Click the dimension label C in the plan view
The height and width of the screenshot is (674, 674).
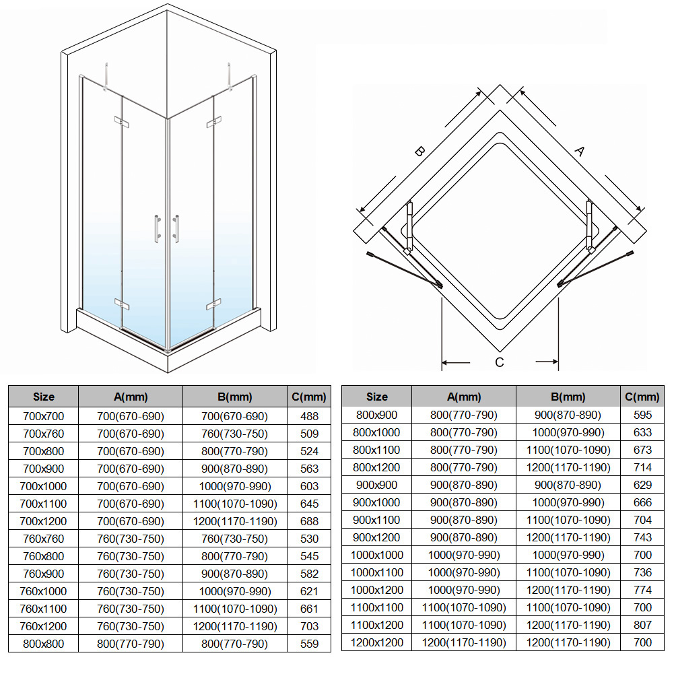coord(499,362)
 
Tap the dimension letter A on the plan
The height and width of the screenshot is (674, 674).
coord(580,151)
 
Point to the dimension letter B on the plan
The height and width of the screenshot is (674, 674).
coord(420,151)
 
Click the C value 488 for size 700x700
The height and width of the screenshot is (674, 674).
coord(309,416)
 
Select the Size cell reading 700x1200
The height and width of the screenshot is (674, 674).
coord(43,521)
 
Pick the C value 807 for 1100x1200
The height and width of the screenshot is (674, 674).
coord(642,625)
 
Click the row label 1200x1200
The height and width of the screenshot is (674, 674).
coord(376,642)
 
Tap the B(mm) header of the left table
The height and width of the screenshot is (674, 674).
coord(235,397)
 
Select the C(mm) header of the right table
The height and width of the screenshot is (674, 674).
coord(642,397)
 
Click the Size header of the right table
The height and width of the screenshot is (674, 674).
coord(376,397)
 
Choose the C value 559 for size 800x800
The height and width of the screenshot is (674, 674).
coord(309,644)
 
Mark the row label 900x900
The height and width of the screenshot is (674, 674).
coord(376,485)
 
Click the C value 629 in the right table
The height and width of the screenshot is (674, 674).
coord(642,485)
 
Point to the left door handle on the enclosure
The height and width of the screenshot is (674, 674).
coord(158,229)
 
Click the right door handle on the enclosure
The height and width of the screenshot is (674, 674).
coord(176,229)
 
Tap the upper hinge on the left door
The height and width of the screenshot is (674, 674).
coord(122,122)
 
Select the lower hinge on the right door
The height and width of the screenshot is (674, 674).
coord(213,304)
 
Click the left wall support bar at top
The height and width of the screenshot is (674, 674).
coord(106,77)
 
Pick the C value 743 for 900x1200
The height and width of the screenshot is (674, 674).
coord(642,537)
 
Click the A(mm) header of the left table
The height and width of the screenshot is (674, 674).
coord(131,397)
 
